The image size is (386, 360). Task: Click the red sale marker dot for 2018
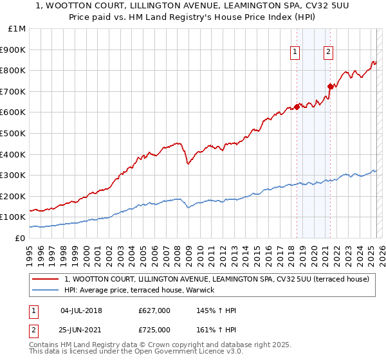click(x=297, y=107)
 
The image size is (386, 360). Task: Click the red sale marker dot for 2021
click(x=330, y=86)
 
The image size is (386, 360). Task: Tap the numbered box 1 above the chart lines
click(x=295, y=53)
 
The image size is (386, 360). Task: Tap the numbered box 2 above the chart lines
click(x=328, y=53)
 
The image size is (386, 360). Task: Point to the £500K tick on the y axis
click(x=14, y=134)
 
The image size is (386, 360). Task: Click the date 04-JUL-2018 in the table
click(x=81, y=311)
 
